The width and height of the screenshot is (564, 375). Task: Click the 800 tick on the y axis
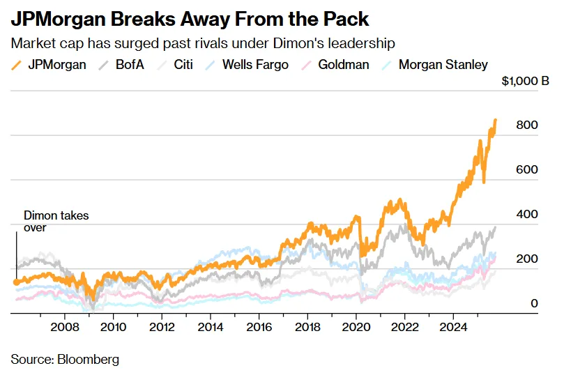[528, 125]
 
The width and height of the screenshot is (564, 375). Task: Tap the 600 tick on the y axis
[528, 170]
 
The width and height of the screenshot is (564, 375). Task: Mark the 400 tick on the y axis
[528, 215]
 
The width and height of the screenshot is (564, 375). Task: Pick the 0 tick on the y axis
[534, 304]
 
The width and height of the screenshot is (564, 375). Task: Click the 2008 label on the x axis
[65, 326]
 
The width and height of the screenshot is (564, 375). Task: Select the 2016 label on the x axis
[259, 326]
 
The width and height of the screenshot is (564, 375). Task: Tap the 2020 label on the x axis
[356, 326]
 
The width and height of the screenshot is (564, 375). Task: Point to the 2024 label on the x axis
[454, 326]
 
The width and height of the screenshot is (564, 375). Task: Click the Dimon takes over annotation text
[56, 221]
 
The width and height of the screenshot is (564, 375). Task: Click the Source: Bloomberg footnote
[65, 360]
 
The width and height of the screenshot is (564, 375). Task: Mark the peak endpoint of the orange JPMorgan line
[496, 121]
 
